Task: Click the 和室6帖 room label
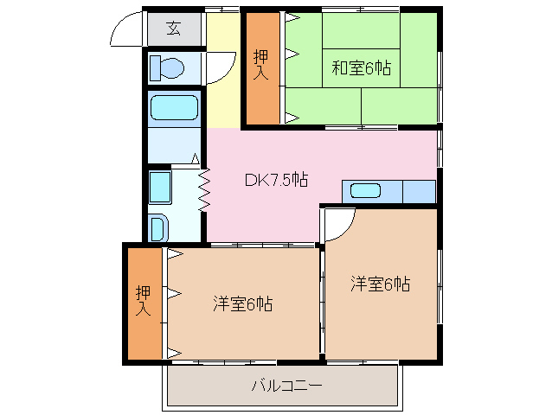(362, 68)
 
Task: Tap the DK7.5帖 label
(276, 180)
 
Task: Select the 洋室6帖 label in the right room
(380, 284)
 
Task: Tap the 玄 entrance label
(173, 29)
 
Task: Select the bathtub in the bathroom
(174, 108)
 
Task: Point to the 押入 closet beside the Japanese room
(261, 67)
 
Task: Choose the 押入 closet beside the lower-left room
(144, 303)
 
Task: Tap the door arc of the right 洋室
(340, 221)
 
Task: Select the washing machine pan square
(160, 186)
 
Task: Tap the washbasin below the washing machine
(159, 227)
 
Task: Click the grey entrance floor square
(174, 30)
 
